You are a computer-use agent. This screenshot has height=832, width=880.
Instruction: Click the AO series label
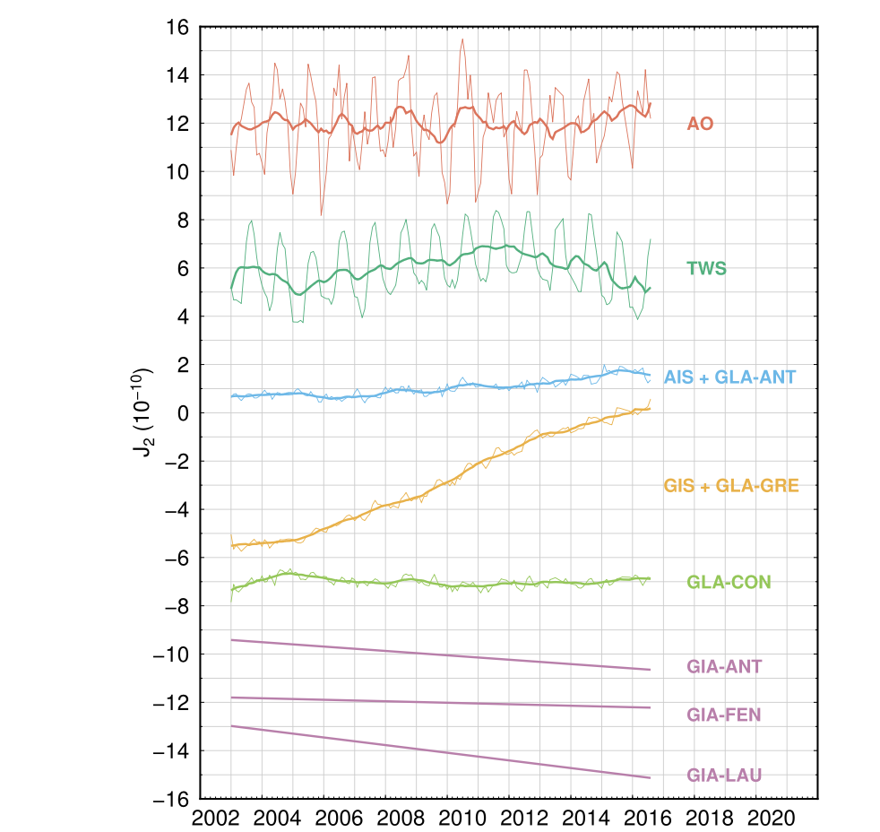700,124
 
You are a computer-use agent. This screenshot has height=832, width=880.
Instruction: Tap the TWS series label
706,267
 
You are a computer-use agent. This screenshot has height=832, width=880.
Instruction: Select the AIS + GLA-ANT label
729,378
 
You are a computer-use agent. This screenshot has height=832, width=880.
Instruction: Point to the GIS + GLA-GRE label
731,487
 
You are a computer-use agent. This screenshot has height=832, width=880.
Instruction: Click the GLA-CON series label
729,583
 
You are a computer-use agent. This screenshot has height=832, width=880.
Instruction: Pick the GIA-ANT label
724,667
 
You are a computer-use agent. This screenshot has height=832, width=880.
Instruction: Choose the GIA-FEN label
724,715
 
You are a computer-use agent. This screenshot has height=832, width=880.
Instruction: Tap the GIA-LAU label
724,775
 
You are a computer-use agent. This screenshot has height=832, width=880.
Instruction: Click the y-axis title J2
143,412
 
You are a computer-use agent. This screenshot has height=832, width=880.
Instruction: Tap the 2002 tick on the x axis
215,819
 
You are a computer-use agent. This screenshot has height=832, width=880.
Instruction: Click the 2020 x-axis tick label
772,819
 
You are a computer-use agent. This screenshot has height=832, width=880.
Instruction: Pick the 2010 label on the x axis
462,819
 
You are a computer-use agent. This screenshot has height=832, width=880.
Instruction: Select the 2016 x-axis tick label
648,819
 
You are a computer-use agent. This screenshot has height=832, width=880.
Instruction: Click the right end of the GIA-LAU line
650,777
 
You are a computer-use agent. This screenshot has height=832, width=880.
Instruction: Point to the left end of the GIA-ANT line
231,639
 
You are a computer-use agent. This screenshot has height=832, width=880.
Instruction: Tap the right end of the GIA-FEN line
650,708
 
